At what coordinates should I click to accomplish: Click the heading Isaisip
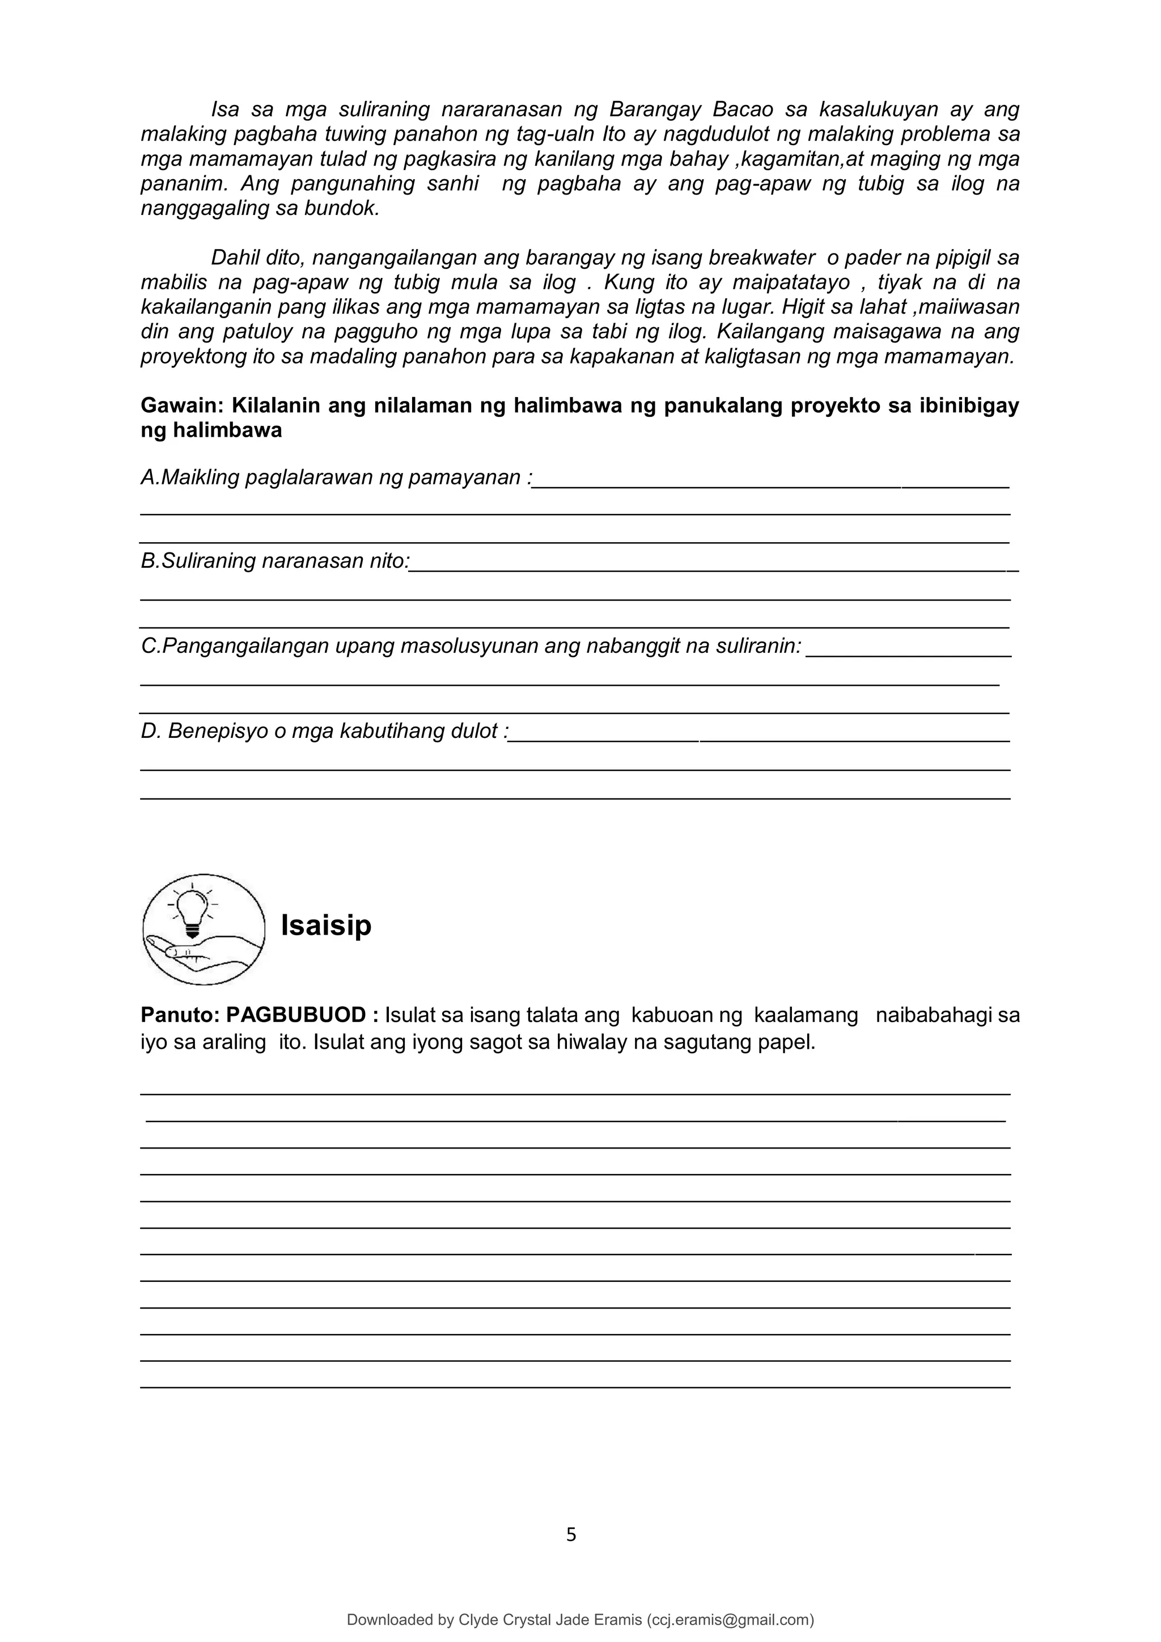click(x=326, y=926)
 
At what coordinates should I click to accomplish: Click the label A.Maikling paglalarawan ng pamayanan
click(x=336, y=478)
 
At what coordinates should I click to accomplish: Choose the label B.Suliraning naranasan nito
click(x=276, y=561)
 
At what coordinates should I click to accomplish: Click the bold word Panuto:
click(x=180, y=1015)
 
